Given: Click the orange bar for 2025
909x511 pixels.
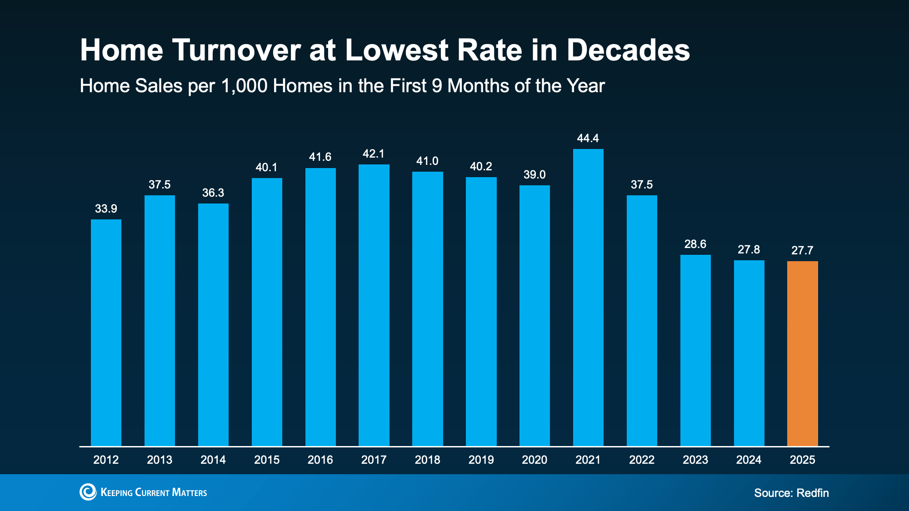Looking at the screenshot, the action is click(803, 353).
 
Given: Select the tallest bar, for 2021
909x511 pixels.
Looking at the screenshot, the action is click(588, 298).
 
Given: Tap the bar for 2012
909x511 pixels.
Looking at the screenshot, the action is click(106, 332).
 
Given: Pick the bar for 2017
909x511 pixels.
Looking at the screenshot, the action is click(374, 305).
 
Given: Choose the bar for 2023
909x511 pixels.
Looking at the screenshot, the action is click(695, 350).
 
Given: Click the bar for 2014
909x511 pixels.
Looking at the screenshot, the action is click(213, 325).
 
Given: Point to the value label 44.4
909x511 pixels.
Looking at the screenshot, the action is click(588, 138).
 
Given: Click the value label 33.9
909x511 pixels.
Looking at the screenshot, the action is click(106, 208).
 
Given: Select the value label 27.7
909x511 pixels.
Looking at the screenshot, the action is click(803, 250).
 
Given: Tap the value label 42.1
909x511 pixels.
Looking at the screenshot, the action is click(374, 154).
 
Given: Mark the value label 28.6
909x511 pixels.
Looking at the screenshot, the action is click(695, 244).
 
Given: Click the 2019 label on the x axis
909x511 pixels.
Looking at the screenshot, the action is click(481, 460).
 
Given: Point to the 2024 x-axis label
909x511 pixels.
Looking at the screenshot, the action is click(749, 460).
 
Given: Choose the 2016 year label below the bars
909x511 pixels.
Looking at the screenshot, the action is click(320, 460).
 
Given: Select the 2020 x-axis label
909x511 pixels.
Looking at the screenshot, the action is click(534, 460).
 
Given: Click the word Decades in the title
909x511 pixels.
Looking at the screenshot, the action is click(628, 50).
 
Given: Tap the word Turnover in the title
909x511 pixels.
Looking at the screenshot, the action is click(236, 50).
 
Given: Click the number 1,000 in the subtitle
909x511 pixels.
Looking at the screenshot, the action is click(244, 86).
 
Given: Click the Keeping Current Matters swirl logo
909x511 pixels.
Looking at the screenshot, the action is click(88, 492).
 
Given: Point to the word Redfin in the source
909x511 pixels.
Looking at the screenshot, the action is click(813, 493).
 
